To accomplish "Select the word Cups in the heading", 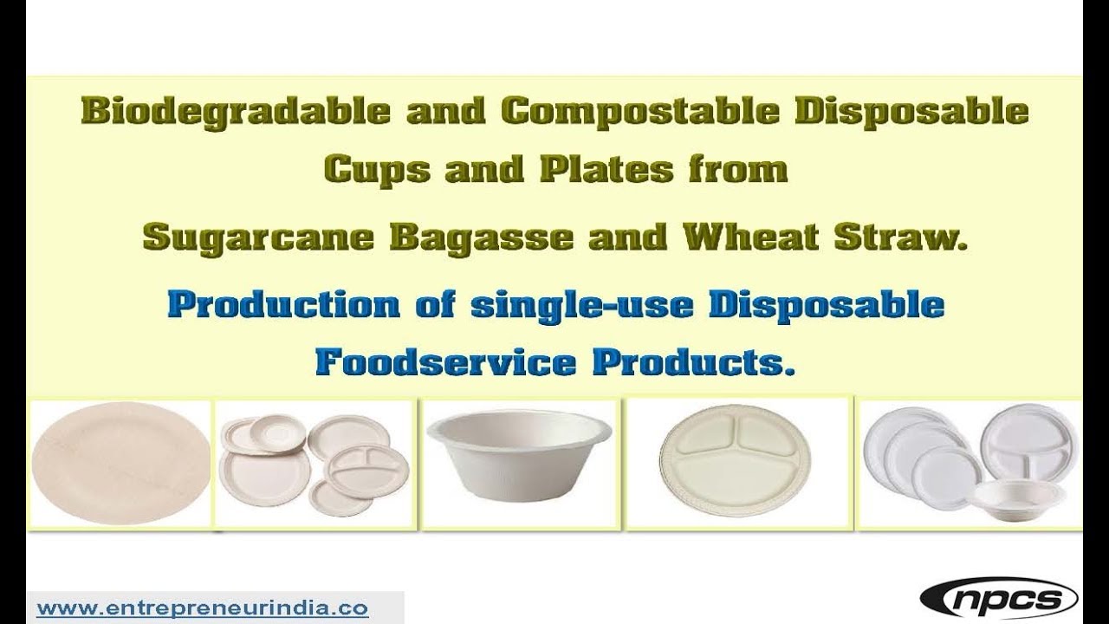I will (x=373, y=170).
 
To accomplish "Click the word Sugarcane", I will (x=252, y=237).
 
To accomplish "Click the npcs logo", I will (x=998, y=598).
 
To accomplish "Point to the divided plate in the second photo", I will (x=365, y=470).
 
